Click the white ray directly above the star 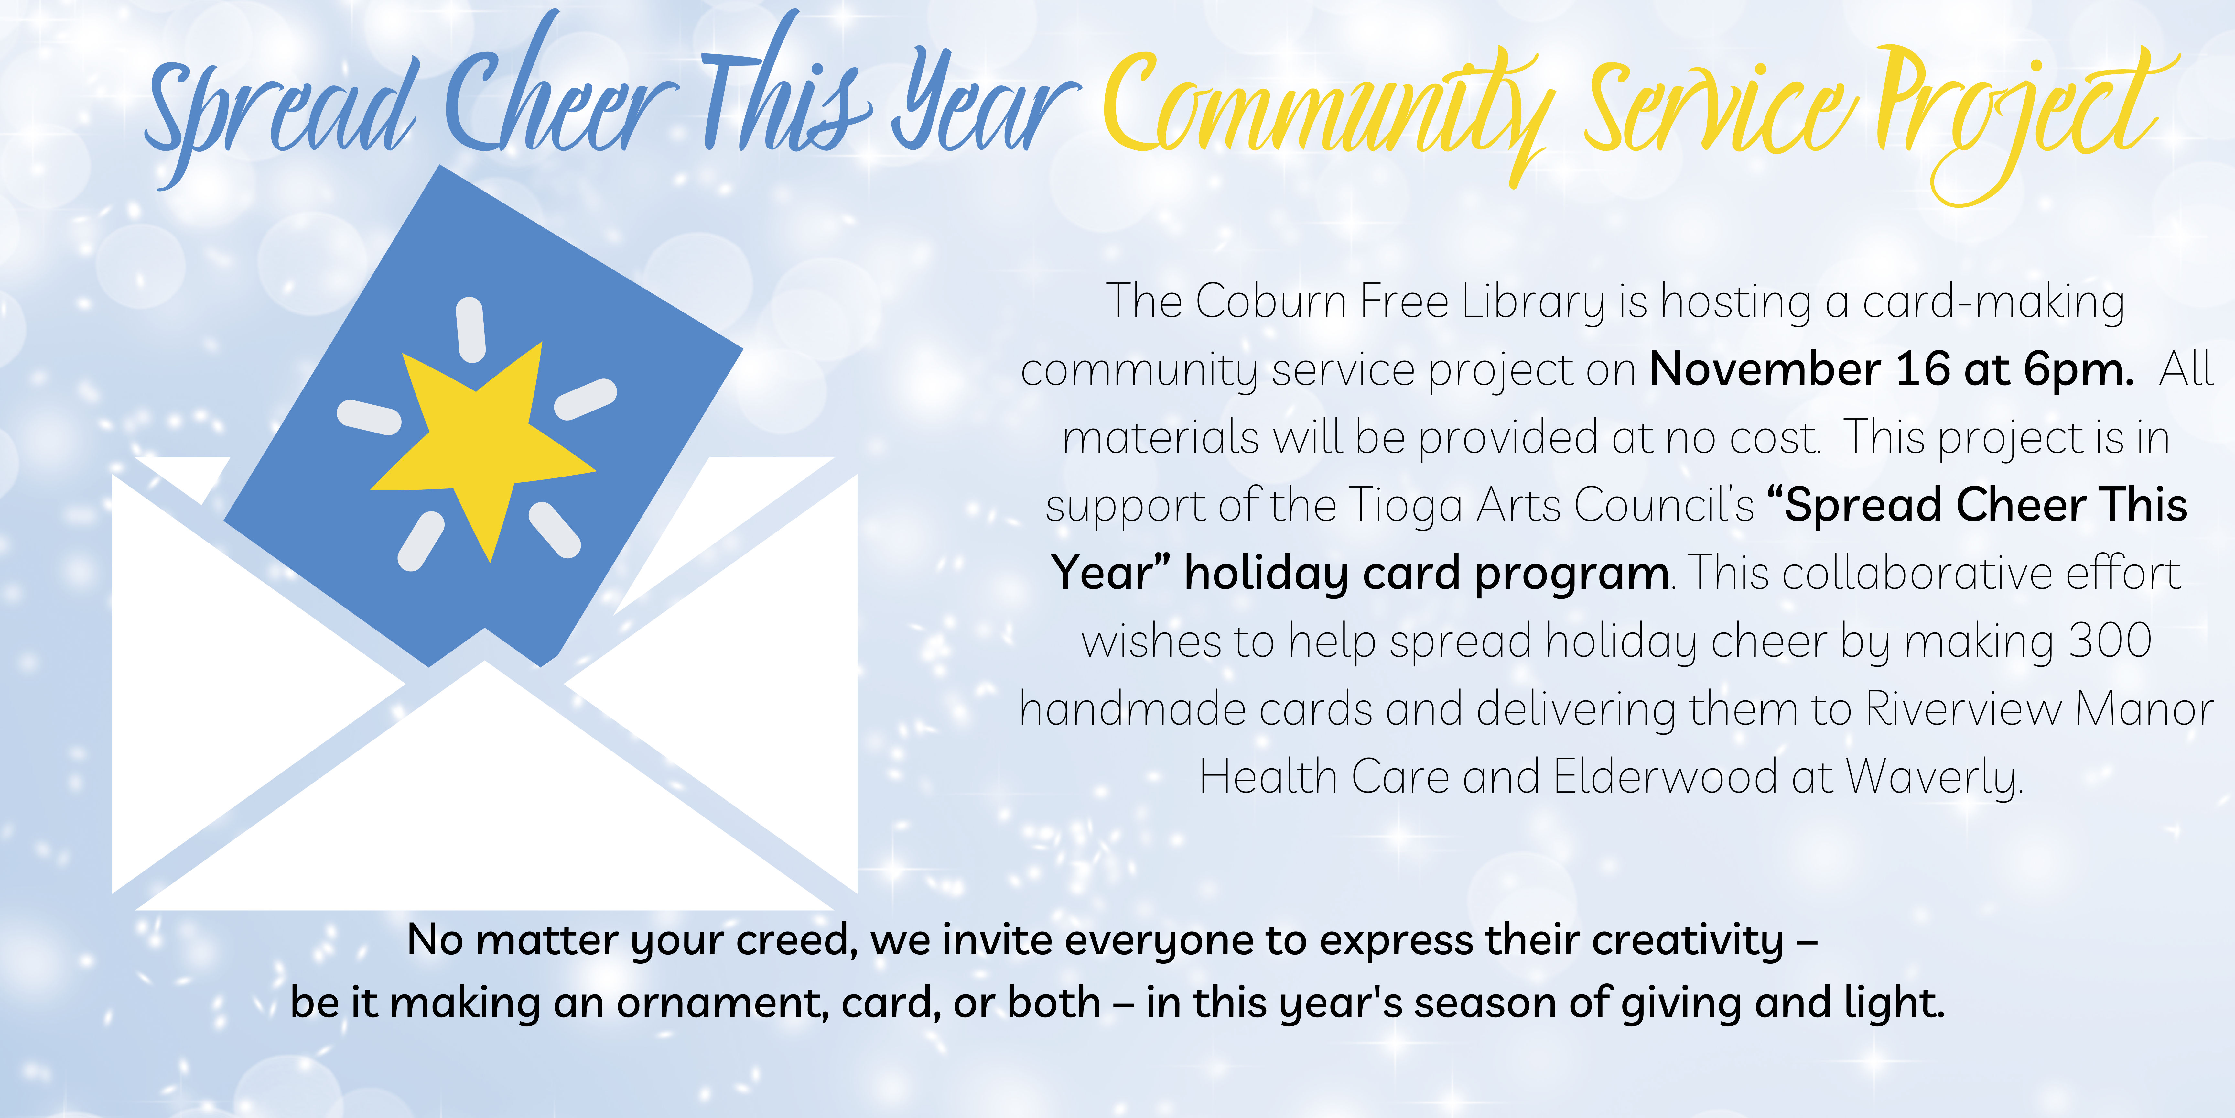pos(470,330)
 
